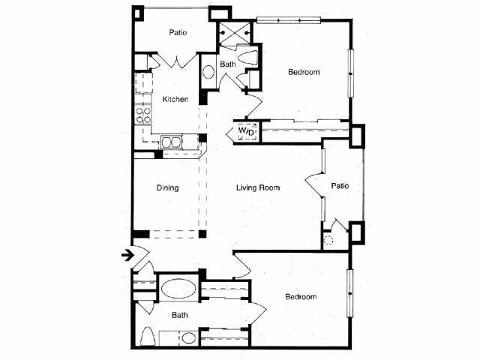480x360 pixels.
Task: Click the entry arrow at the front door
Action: tap(127, 255)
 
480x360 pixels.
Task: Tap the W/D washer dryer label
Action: tap(247, 131)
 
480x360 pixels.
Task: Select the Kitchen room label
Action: tap(175, 99)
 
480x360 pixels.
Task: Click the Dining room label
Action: tap(167, 187)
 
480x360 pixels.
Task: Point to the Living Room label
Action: tap(258, 187)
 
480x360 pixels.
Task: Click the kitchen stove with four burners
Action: tap(143, 115)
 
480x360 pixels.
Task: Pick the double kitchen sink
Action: tap(172, 142)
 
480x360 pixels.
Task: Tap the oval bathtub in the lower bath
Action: tap(178, 288)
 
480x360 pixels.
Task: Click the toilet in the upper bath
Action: tap(248, 57)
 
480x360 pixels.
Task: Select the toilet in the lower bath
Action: tap(148, 337)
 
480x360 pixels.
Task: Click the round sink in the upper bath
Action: tap(208, 72)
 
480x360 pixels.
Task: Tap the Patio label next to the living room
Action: tap(340, 186)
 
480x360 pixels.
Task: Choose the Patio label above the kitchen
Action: tap(178, 32)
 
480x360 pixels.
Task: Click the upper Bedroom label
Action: tap(304, 72)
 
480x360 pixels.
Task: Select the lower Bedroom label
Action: tap(301, 296)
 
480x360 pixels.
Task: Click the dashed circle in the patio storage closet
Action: tap(328, 240)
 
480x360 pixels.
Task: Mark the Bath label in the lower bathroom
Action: tap(180, 315)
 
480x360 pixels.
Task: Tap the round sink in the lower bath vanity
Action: tap(187, 338)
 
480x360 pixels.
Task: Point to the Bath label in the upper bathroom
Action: tap(228, 64)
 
